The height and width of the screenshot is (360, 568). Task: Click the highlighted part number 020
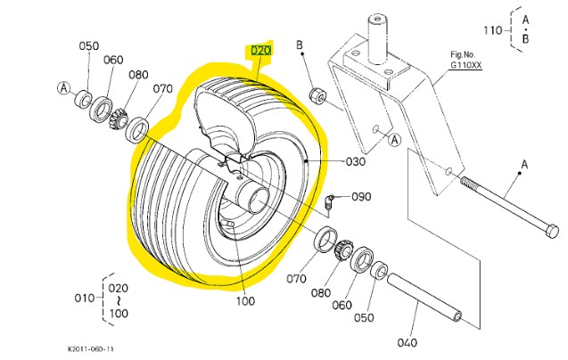[x=259, y=51]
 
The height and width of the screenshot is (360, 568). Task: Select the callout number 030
[x=356, y=162]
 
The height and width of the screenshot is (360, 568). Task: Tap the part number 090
[x=360, y=196]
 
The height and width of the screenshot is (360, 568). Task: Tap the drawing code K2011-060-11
[x=90, y=350]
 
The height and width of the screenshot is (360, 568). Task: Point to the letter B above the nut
[x=301, y=44]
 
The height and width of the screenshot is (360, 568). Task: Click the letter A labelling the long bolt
[x=524, y=163]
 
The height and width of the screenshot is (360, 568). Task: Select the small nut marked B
[x=316, y=94]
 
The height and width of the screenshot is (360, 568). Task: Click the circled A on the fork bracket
[x=395, y=138]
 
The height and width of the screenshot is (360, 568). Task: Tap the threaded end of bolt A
[x=469, y=184]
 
